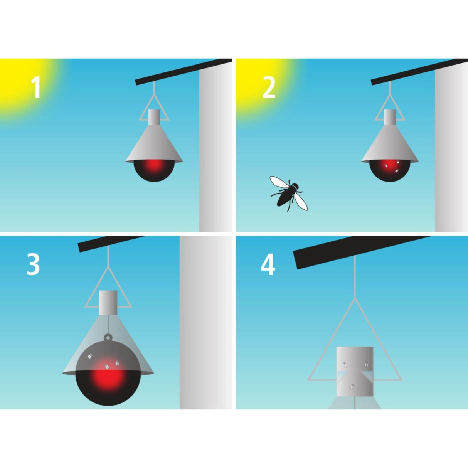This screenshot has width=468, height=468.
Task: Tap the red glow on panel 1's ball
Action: (x=154, y=165)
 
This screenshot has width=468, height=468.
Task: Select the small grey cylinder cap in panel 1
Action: (x=154, y=117)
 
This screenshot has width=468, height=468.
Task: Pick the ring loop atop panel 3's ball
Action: (x=108, y=337)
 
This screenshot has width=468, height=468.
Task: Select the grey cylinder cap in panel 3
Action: (x=108, y=302)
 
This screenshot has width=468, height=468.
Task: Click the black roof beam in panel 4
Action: (x=362, y=253)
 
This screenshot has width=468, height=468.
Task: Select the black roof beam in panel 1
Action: (x=183, y=72)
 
